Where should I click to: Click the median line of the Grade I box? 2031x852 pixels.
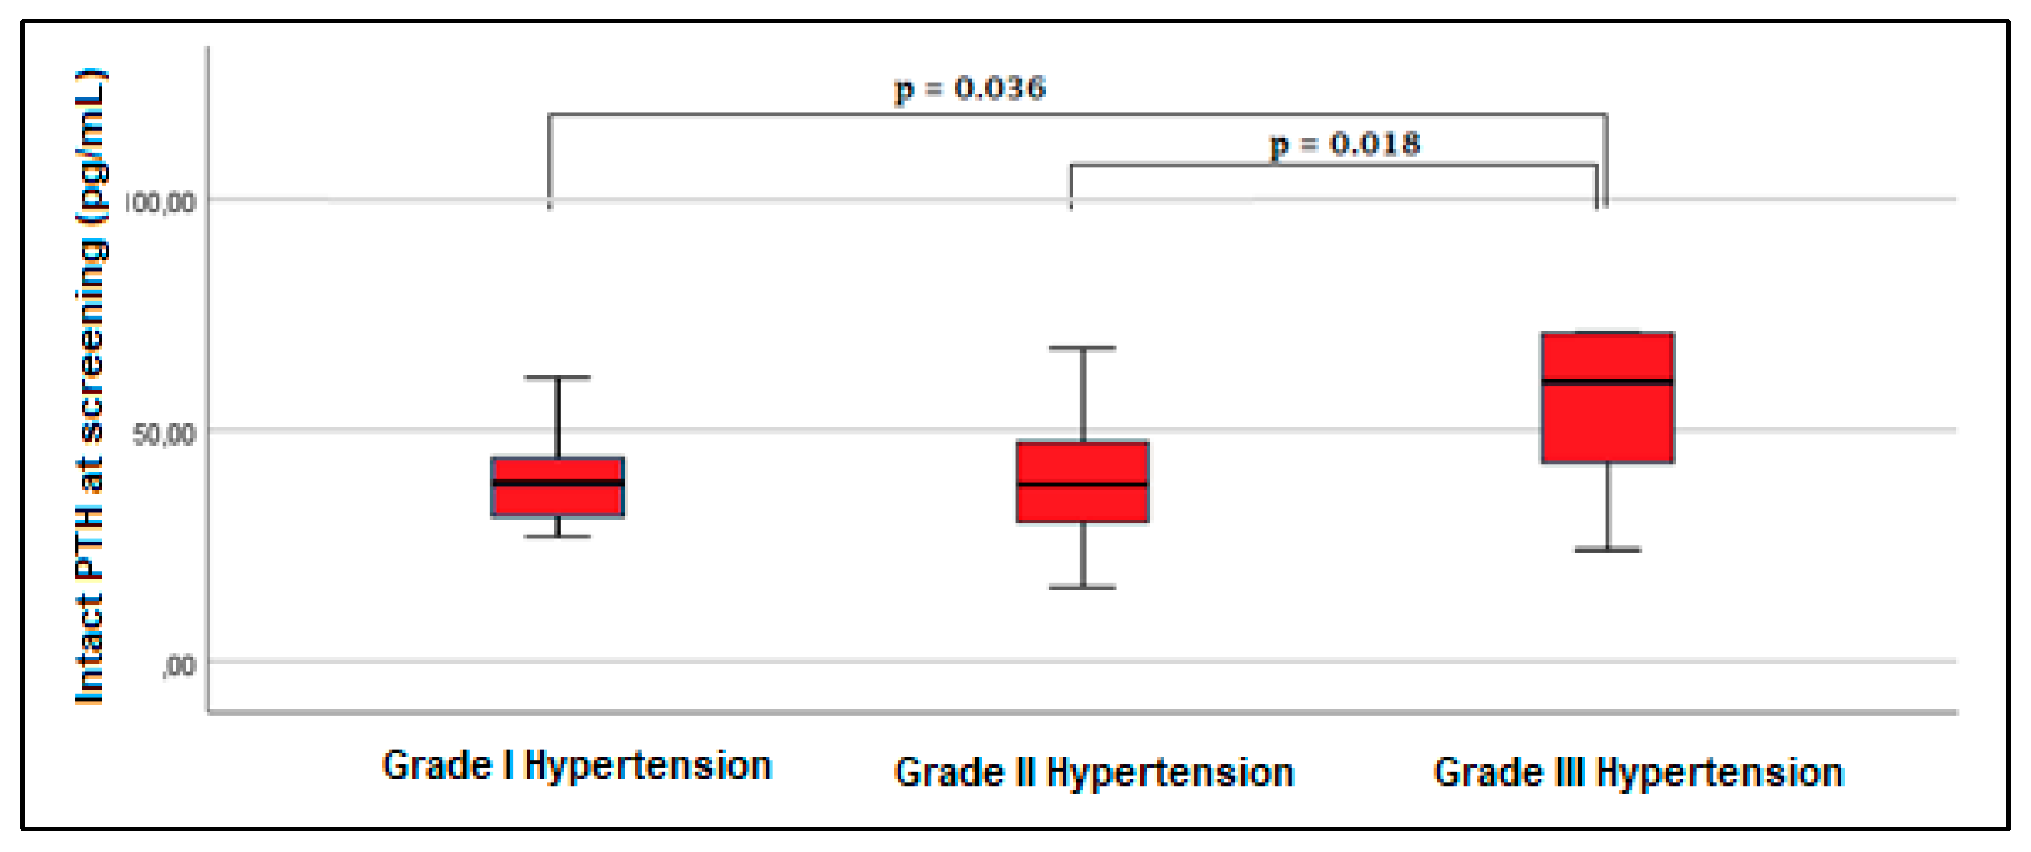coord(558,482)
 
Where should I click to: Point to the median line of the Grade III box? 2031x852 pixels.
coord(1607,382)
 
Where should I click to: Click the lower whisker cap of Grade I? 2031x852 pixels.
coord(558,537)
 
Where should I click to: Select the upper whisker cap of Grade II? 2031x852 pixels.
coord(1083,348)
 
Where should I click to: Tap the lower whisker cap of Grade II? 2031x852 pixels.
coord(1083,587)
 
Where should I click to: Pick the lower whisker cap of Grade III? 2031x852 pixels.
coord(1607,550)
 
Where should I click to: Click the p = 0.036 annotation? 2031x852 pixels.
coord(970,88)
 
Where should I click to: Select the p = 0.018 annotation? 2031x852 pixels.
coord(1345,144)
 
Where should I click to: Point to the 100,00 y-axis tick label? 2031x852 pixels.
coord(160,202)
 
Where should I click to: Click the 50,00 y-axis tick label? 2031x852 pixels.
coord(164,434)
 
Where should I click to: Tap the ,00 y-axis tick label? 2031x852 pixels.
coord(179,666)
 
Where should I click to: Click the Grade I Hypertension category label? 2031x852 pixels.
coord(576,766)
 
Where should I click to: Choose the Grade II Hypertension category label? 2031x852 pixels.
coord(1094,772)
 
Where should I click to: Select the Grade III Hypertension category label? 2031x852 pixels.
coord(1638,772)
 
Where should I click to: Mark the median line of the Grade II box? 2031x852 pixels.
coord(1083,484)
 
